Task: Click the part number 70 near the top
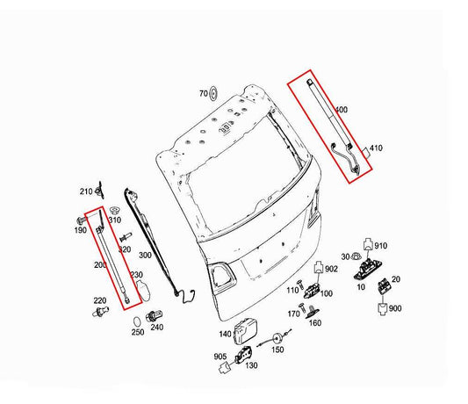(x=202, y=93)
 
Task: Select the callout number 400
(x=342, y=110)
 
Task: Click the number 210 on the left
(x=86, y=191)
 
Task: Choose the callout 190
(x=80, y=229)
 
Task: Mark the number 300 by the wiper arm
(x=145, y=255)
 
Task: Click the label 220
(x=99, y=301)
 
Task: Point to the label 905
(x=219, y=357)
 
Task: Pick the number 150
(x=278, y=350)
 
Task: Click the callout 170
(x=294, y=312)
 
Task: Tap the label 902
(x=331, y=269)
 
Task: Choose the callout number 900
(x=395, y=308)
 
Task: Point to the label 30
(x=344, y=257)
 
